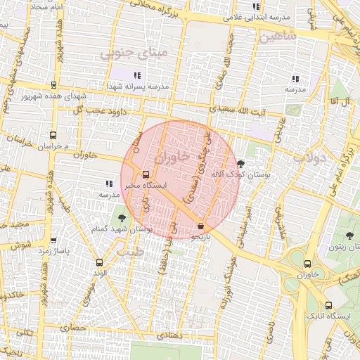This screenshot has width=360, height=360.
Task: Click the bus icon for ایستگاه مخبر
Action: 146,174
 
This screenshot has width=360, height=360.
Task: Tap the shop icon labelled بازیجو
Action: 202,226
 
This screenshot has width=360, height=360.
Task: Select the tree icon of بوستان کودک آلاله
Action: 241,163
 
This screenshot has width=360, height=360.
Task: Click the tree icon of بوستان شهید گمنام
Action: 122,218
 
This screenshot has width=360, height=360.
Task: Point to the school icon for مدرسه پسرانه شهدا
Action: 138,75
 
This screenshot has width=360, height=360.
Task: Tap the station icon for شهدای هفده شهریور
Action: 53,85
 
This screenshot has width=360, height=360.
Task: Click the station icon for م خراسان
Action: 53,135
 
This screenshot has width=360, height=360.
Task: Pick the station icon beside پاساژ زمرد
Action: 53,240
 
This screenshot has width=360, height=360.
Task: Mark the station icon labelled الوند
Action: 98,262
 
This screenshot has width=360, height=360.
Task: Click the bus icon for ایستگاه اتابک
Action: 329,305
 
